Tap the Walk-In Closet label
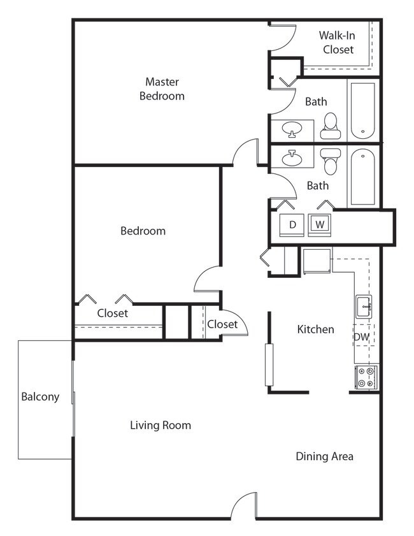337,42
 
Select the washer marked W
320,224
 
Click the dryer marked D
292,224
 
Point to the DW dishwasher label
361,337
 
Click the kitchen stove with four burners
366,377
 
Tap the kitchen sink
364,306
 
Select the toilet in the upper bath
330,126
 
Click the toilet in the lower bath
330,162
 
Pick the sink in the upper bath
292,129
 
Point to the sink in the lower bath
292,157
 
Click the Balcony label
40,396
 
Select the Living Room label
161,425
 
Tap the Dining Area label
324,456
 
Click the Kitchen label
315,330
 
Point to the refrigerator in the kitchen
317,261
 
